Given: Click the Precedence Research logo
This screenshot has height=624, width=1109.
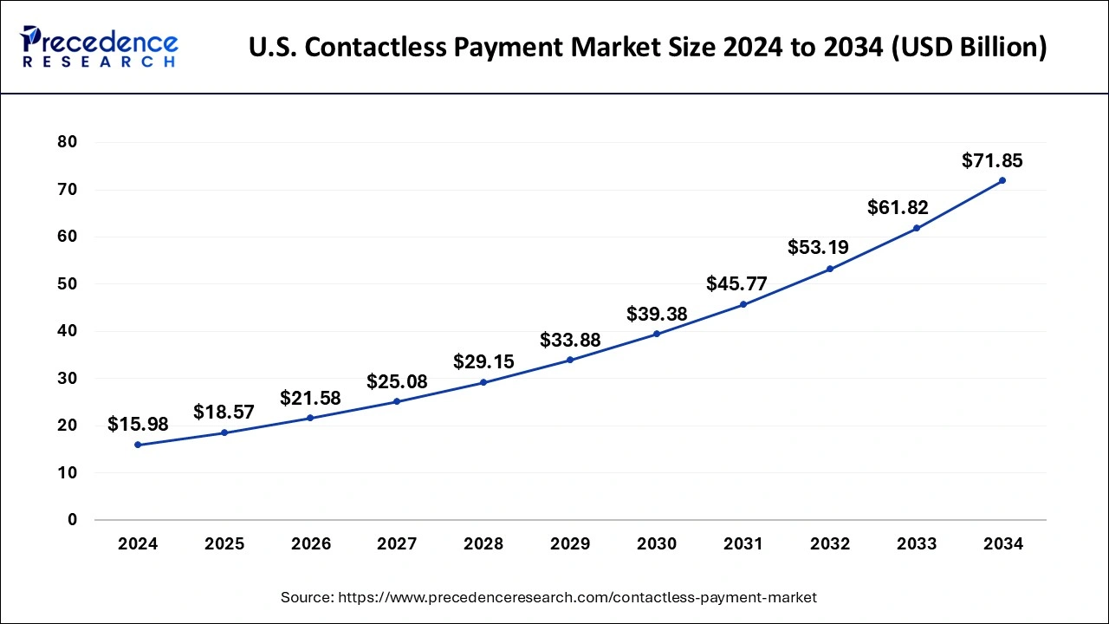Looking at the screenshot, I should point(100,47).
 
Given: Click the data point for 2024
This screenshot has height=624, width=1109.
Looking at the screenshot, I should point(138,445).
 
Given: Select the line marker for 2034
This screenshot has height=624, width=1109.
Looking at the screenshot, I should point(1002,180).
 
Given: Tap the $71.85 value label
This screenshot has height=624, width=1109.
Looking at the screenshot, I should point(992,160).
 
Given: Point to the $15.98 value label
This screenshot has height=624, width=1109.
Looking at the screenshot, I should point(138,424).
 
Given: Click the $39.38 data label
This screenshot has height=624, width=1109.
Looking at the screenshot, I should point(657,314).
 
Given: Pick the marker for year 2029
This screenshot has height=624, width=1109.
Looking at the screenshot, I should point(570,360).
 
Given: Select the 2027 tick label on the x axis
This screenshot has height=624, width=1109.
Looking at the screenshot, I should point(397,544).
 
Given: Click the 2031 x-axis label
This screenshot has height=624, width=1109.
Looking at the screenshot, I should point(743,544).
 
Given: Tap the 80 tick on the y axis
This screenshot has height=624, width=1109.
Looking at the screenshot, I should point(67,142).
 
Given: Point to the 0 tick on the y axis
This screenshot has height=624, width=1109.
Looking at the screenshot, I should point(73,520).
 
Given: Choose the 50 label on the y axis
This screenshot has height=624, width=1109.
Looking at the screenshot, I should point(67,283).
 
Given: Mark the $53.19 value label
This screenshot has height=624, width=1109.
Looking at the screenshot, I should point(818,247).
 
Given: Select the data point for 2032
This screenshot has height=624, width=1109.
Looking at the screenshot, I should point(830,269).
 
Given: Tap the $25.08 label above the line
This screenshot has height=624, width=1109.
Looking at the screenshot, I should point(397,381).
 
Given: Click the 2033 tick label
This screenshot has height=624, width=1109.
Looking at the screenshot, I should point(917,544).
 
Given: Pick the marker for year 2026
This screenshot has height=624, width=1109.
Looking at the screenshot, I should point(311,418).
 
